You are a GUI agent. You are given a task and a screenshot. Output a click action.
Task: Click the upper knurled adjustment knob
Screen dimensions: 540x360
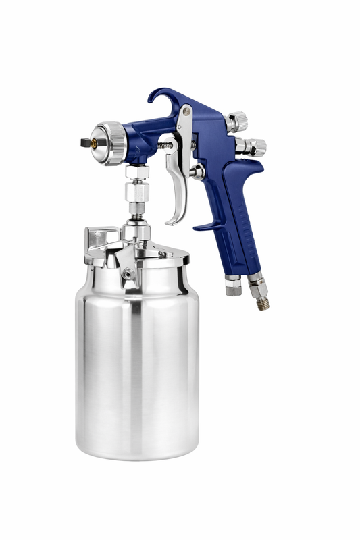(238, 122)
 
